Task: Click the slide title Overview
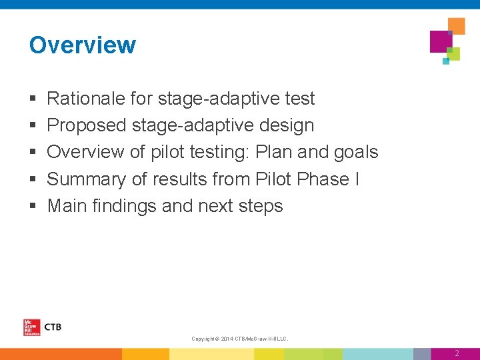(x=83, y=45)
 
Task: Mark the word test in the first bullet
(x=299, y=99)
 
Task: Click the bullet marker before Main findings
(x=33, y=207)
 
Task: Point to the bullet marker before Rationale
(x=33, y=99)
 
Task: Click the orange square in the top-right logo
(x=457, y=25)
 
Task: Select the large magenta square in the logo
(x=441, y=41)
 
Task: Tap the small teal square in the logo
(x=446, y=61)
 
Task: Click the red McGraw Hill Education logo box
(x=31, y=327)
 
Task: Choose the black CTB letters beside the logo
(x=52, y=327)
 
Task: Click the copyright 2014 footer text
(x=240, y=339)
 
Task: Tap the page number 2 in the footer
(x=457, y=353)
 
